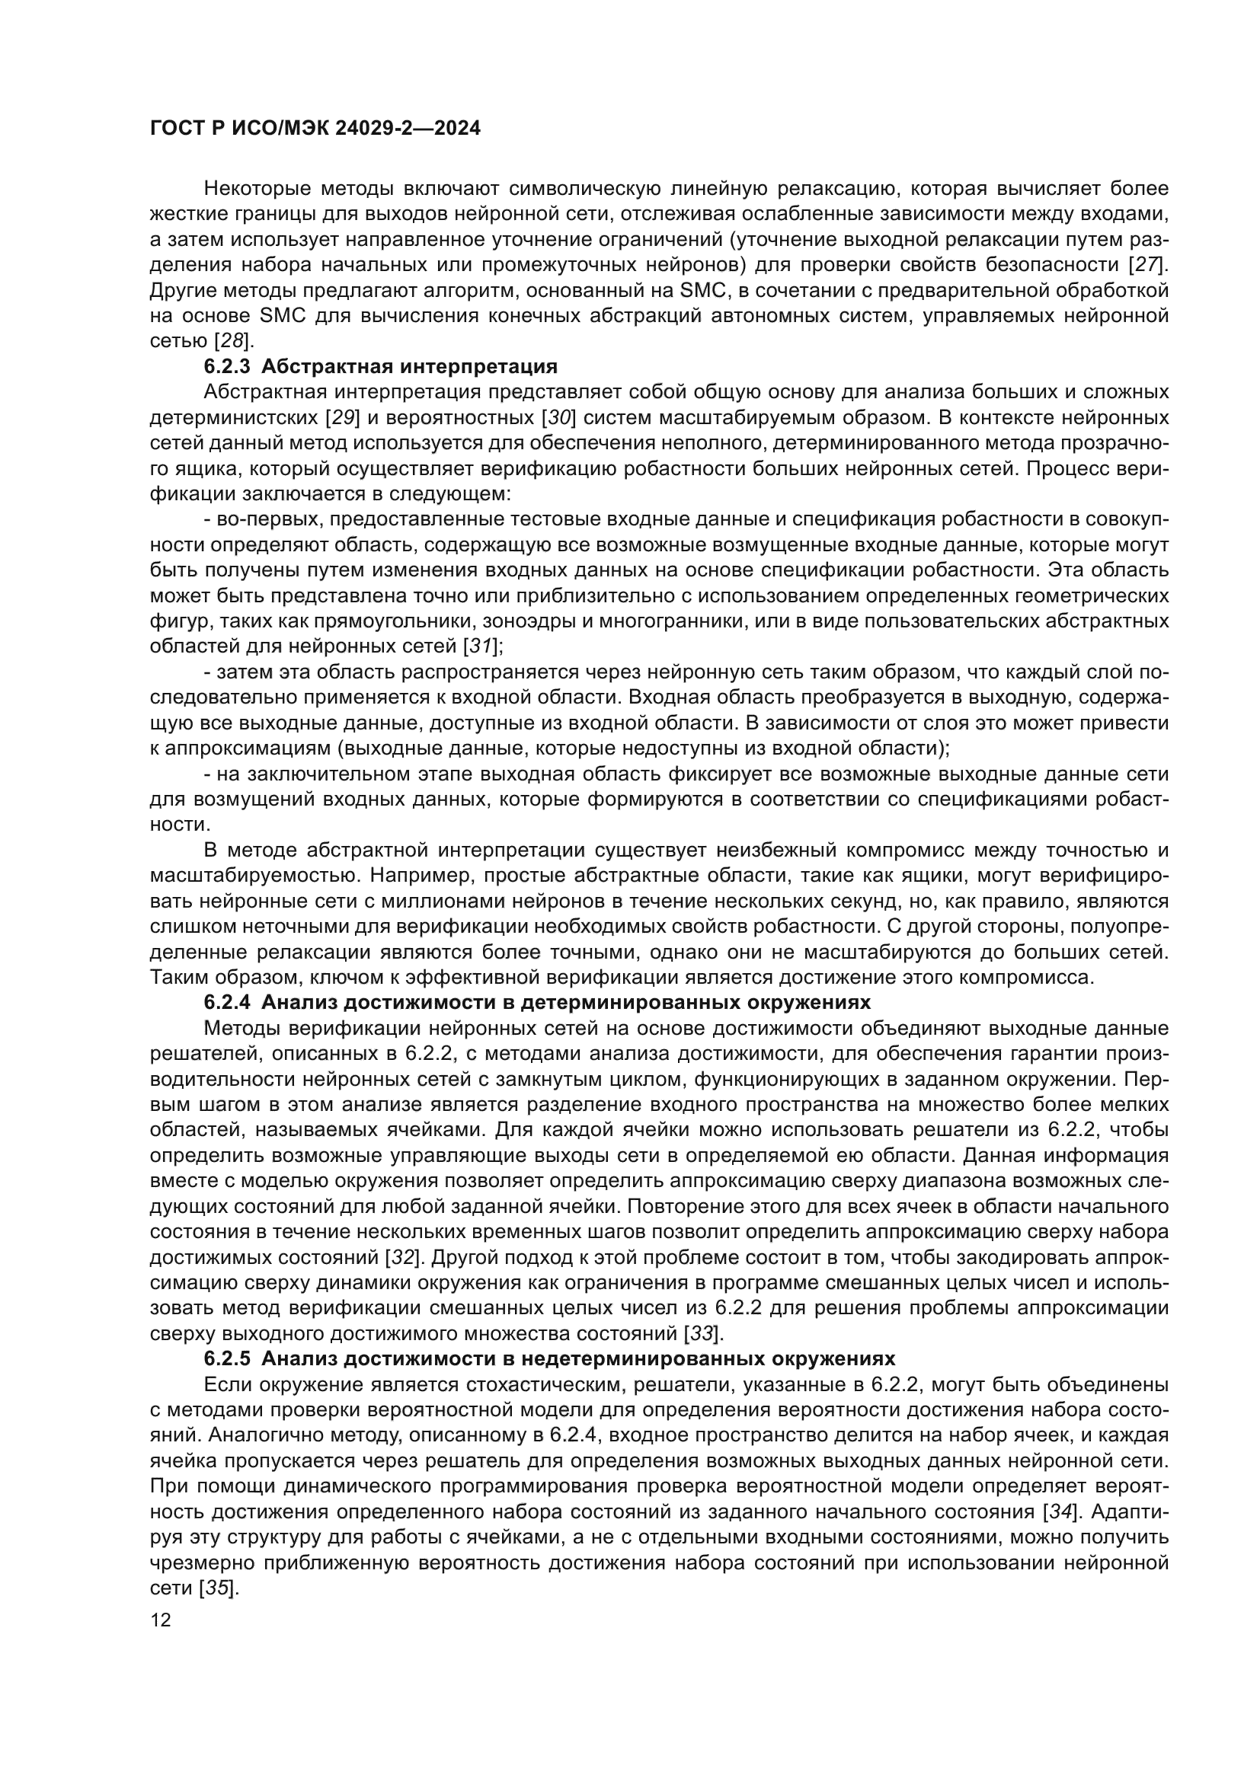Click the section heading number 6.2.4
click(226, 1002)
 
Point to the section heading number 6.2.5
click(226, 1359)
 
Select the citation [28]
click(233, 340)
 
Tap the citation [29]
click(342, 417)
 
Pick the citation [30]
click(558, 417)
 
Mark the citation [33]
click(702, 1333)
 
